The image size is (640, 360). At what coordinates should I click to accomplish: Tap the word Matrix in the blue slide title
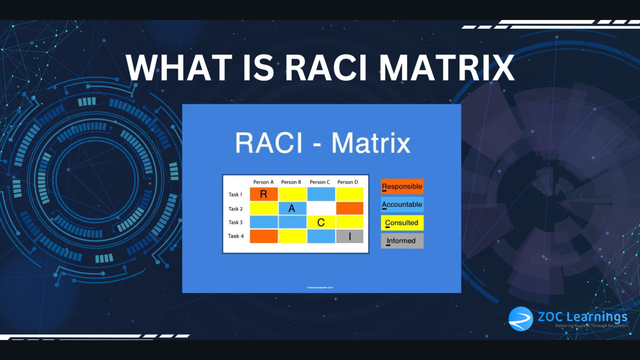(371, 143)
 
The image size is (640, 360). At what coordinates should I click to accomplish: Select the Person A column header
(263, 182)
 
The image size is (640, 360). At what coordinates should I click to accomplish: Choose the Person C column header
(320, 182)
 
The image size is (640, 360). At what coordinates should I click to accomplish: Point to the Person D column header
(347, 182)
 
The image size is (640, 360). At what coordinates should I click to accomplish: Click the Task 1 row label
(235, 195)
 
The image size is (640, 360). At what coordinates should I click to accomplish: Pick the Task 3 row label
(235, 222)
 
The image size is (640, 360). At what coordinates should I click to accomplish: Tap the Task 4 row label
(235, 236)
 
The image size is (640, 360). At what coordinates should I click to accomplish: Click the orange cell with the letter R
(264, 194)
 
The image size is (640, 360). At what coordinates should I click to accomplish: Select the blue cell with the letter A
(292, 208)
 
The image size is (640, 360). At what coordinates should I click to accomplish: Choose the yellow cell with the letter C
(321, 222)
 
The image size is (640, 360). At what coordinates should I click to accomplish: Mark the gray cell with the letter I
(350, 236)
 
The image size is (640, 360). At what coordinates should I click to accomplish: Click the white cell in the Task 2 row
(321, 208)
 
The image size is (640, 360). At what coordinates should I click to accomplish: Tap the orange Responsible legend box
(402, 187)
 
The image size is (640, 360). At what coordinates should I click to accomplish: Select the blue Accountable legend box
(402, 205)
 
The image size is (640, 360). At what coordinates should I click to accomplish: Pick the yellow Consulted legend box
(402, 223)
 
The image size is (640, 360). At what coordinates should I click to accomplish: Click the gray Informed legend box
(402, 241)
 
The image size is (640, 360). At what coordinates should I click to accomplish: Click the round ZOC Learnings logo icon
(520, 319)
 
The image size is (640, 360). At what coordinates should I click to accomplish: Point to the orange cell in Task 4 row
(264, 236)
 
